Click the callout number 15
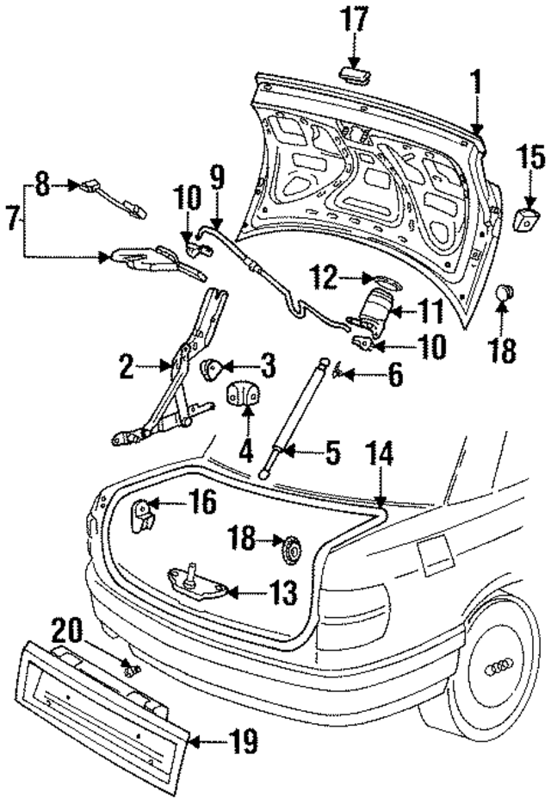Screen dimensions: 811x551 tap(530, 159)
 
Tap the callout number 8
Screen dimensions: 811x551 tap(42, 184)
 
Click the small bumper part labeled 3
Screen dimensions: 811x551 tap(212, 369)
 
